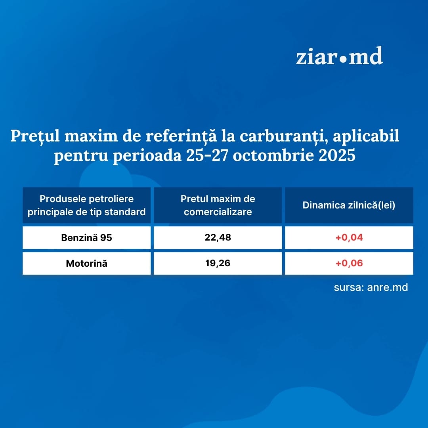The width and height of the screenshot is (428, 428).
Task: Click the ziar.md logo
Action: (x=339, y=56)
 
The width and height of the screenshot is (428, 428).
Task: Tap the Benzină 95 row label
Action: (x=86, y=237)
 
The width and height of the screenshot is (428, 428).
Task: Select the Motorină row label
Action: (x=86, y=264)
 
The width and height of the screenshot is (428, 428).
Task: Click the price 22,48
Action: (x=218, y=237)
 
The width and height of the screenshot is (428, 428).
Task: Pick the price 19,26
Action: (x=218, y=263)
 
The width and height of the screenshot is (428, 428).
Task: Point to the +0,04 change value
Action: (x=349, y=237)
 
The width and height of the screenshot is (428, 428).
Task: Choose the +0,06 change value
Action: (x=349, y=263)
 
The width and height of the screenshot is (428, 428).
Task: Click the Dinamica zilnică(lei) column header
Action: (x=349, y=205)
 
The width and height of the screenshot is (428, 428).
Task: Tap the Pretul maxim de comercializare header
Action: (x=218, y=205)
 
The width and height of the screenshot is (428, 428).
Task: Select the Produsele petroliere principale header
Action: (x=86, y=205)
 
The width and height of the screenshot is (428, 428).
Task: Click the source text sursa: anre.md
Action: (x=371, y=287)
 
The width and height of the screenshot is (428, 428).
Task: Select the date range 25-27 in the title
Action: (x=207, y=155)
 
